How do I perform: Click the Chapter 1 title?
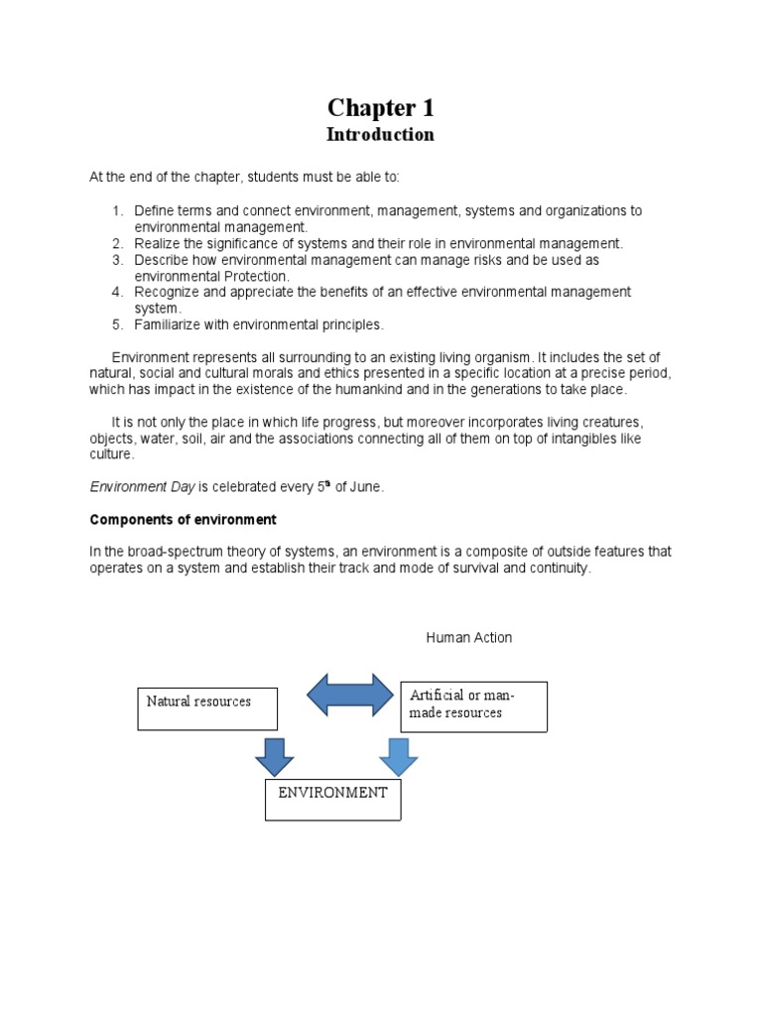pos(381,108)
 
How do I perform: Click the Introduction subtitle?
pos(381,134)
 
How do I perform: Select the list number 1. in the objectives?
pos(116,210)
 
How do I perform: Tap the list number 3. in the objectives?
pos(116,259)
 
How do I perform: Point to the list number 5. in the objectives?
pos(116,324)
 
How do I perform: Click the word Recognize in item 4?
pos(168,292)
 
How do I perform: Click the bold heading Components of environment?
pos(184,519)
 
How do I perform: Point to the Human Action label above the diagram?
pos(469,637)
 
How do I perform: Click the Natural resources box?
pos(207,708)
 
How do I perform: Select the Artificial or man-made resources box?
pos(473,706)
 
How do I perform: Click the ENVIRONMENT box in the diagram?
pos(333,800)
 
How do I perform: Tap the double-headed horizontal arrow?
pos(350,695)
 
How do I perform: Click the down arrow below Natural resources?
pos(275,757)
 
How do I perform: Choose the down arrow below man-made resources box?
pos(399,757)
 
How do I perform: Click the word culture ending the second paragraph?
pos(110,454)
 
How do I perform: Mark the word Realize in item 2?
pos(160,243)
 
